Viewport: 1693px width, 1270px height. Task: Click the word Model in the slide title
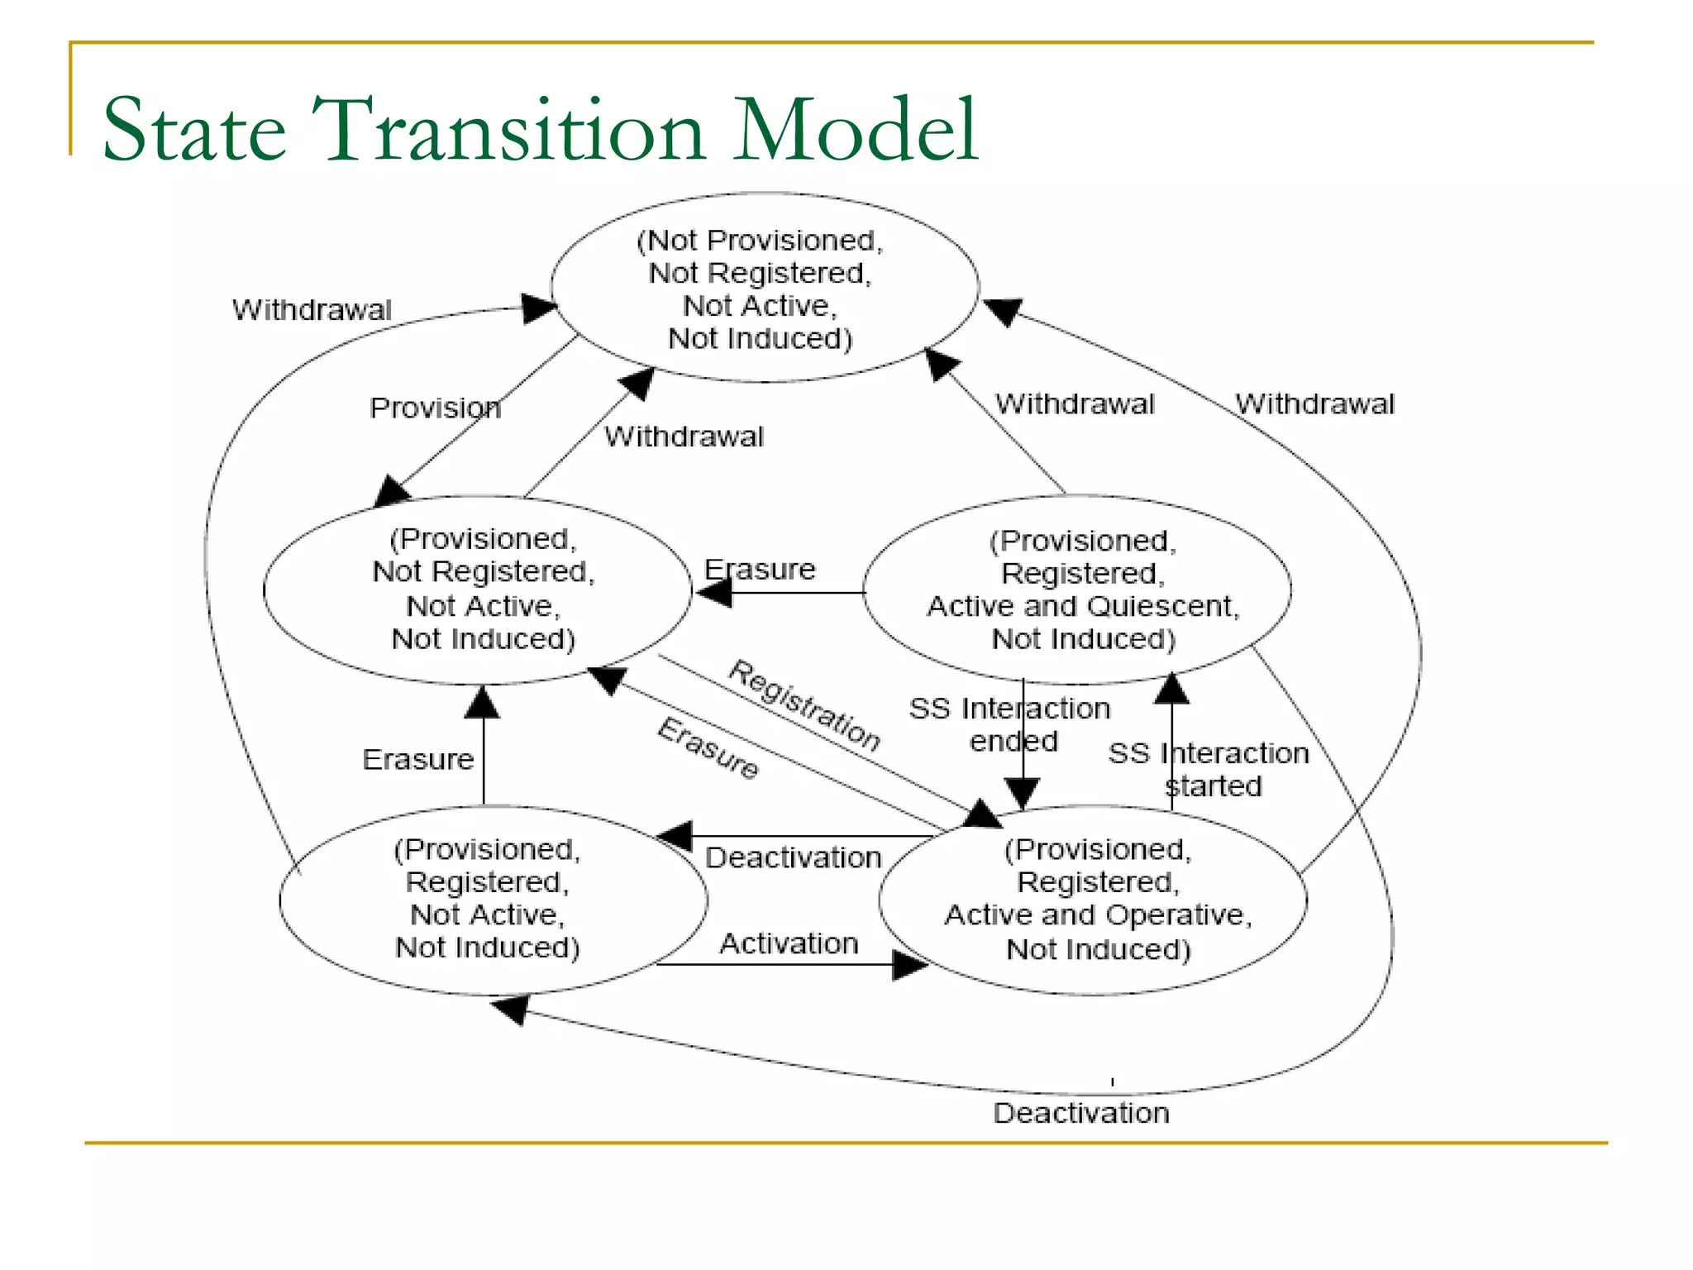pos(855,131)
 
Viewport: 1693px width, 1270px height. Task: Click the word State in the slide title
pos(194,131)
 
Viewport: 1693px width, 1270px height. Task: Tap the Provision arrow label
pos(435,408)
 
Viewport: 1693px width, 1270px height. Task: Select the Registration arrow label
pos(804,705)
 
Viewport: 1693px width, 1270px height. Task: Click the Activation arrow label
pos(789,943)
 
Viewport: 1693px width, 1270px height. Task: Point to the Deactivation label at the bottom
pos(1081,1113)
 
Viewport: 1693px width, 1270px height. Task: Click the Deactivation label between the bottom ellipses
pos(793,857)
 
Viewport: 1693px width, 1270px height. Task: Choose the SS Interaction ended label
pos(1010,724)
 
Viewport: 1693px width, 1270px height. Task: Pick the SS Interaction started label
pos(1209,769)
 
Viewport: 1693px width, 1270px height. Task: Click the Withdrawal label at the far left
pos(312,310)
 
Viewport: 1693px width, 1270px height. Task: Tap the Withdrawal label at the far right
pos(1314,404)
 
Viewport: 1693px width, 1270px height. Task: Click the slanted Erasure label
pos(708,748)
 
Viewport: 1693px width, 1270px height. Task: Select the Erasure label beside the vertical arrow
pos(418,759)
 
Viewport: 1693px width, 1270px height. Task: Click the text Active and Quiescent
pos(1082,606)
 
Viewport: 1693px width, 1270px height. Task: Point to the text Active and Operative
pos(1098,914)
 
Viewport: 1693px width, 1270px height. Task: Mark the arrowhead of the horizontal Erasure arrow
pos(714,592)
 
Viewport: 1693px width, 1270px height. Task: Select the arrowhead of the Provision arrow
pos(391,491)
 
